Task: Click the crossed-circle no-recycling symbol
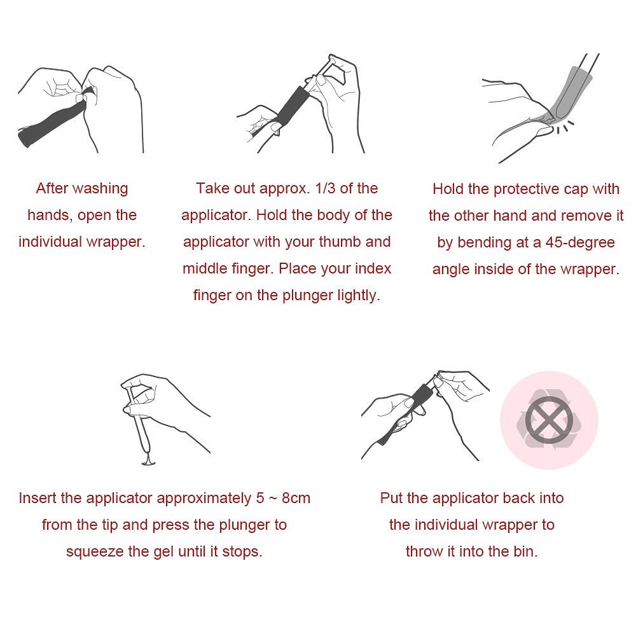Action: [x=550, y=420]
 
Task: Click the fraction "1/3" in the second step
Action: [x=325, y=188]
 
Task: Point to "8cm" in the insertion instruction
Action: [x=296, y=498]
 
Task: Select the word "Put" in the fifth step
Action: [x=389, y=498]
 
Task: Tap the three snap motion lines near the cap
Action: [x=564, y=127]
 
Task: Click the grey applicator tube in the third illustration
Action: [x=570, y=93]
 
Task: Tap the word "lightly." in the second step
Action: [x=359, y=296]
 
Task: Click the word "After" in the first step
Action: [x=52, y=189]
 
